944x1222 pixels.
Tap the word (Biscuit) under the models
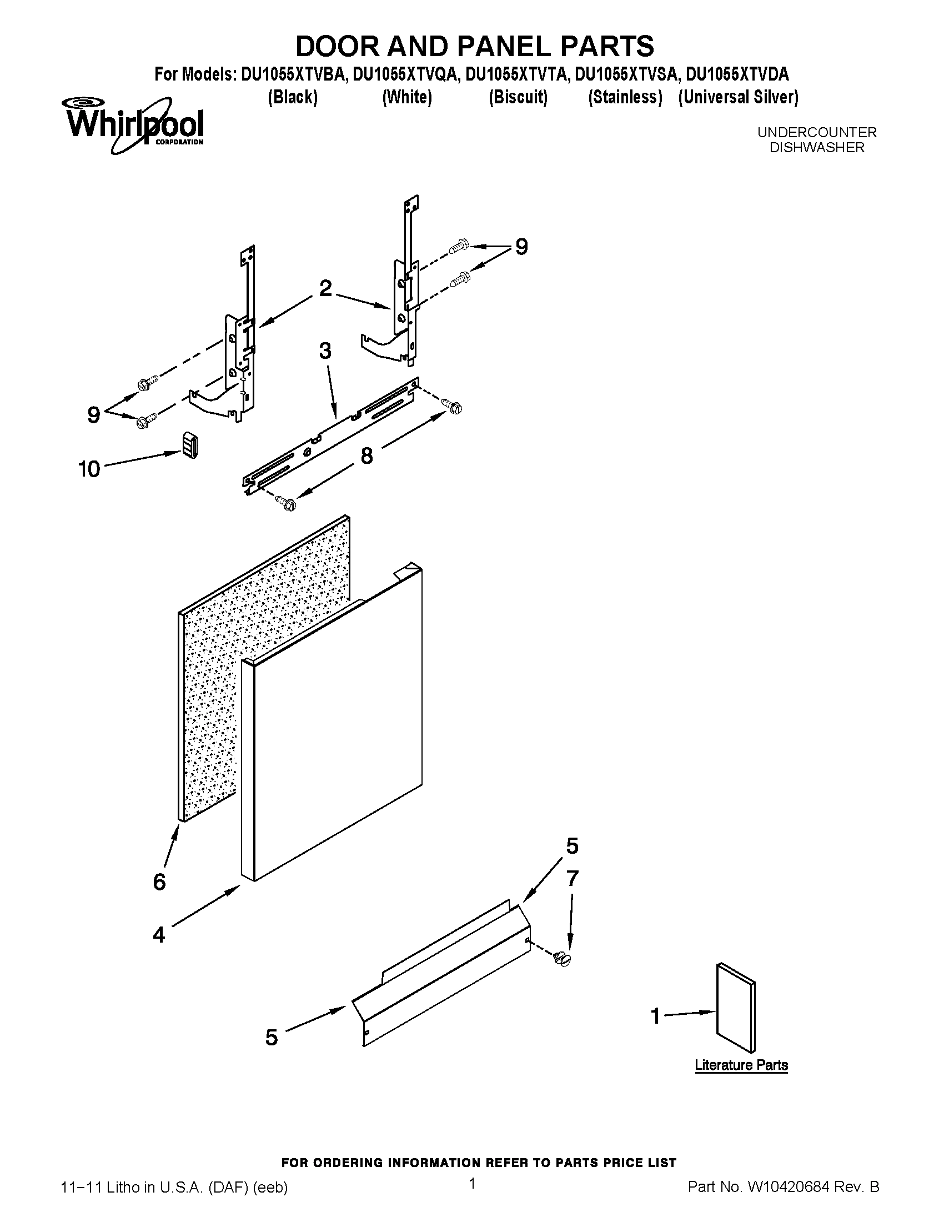[518, 97]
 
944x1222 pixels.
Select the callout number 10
[89, 469]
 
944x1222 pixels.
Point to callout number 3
[325, 352]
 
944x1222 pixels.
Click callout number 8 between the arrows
[366, 456]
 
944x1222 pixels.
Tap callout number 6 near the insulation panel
[159, 883]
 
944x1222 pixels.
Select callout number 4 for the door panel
[159, 934]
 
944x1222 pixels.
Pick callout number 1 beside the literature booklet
[656, 1015]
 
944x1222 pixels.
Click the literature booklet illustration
[735, 1007]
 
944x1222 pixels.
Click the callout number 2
[325, 289]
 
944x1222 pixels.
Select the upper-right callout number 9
[521, 247]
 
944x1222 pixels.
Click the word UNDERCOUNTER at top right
[816, 133]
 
